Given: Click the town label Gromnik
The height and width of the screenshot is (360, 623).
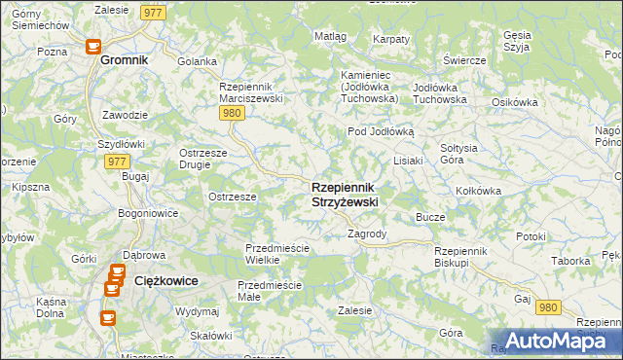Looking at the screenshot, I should click(x=124, y=59).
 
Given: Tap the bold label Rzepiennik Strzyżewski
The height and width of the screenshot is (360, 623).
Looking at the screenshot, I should click(x=346, y=194).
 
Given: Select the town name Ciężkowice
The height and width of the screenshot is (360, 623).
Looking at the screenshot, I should click(x=165, y=280).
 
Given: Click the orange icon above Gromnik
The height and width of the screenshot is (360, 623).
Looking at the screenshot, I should click(x=93, y=45).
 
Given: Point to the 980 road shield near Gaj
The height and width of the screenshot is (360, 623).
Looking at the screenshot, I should click(x=549, y=307).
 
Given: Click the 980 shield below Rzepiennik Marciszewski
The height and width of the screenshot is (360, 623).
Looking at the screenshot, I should click(x=231, y=113).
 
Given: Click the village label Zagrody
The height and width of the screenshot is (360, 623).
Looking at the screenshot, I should click(x=368, y=234).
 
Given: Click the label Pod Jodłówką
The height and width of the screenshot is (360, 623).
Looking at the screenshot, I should click(x=382, y=131).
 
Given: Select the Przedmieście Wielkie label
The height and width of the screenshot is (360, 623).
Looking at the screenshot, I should click(x=276, y=254).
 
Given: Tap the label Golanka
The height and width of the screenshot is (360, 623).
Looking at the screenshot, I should click(x=198, y=61).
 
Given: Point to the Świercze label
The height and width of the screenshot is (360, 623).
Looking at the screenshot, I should click(x=463, y=60).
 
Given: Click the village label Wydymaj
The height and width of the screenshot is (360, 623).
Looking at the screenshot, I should click(x=197, y=311).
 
